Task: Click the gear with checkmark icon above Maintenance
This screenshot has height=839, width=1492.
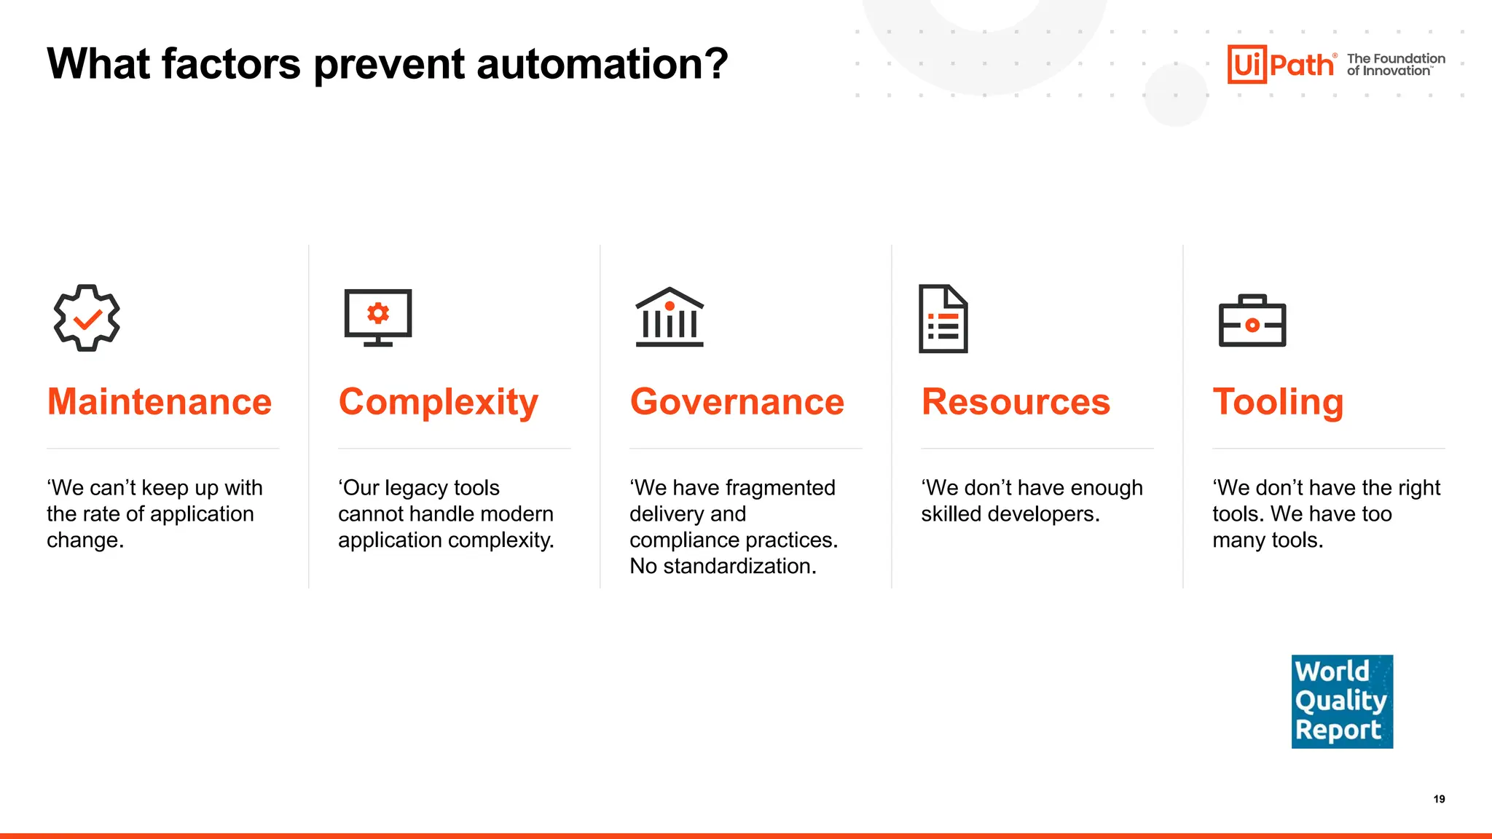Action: [x=87, y=318]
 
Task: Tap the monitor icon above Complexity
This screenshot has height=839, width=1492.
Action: [x=378, y=318]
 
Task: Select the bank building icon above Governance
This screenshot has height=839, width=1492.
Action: [x=670, y=318]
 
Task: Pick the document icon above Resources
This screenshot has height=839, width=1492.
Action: [x=943, y=319]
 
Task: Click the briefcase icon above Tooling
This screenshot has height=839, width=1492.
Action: [x=1252, y=320]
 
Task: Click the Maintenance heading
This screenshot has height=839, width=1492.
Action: [x=160, y=402]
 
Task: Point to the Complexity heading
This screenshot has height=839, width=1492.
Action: [x=439, y=403]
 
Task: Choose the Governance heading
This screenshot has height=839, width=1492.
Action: [x=737, y=402]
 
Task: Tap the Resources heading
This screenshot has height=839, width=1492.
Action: [x=1016, y=402]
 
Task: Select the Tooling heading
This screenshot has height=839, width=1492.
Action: [x=1279, y=403]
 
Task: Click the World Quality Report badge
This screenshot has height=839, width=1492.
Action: [x=1342, y=701]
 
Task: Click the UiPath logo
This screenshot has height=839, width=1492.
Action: [x=1281, y=65]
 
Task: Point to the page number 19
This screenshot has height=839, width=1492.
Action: [x=1439, y=799]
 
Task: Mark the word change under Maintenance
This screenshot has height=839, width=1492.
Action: [x=85, y=541]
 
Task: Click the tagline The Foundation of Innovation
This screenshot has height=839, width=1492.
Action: [x=1396, y=65]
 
